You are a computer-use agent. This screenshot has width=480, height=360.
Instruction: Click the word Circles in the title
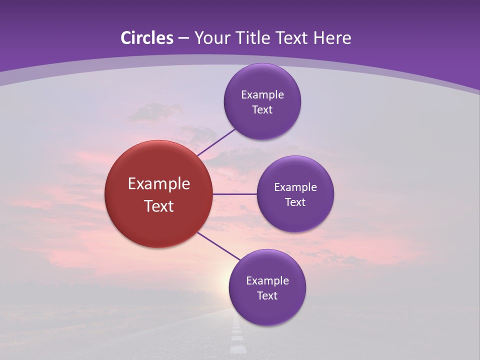(x=147, y=38)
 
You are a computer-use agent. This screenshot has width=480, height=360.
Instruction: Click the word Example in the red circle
(x=159, y=184)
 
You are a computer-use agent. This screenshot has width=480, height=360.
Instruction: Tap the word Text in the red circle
(x=159, y=206)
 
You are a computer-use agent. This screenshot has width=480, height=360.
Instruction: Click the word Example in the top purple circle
(x=262, y=95)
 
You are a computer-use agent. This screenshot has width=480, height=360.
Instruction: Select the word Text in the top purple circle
(x=262, y=110)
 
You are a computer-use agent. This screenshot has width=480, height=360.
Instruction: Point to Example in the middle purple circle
(x=295, y=187)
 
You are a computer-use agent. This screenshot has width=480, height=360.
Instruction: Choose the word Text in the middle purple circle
(x=295, y=202)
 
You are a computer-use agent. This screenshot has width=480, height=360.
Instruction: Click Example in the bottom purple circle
(x=267, y=281)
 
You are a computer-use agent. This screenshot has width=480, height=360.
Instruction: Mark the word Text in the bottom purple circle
(x=267, y=296)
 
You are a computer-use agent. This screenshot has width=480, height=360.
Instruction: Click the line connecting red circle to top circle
(x=216, y=142)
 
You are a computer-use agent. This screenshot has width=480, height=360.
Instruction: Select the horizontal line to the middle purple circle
(x=235, y=194)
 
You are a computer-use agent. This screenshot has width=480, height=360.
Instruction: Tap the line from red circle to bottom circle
(x=219, y=246)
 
